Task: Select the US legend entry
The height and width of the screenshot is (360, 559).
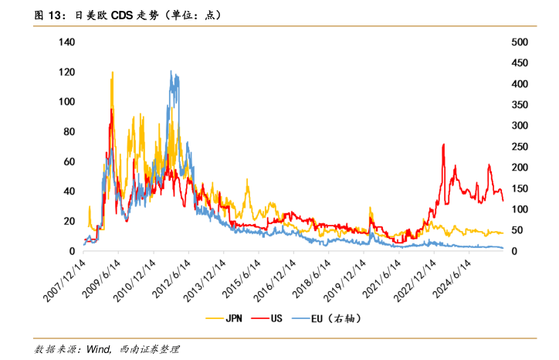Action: point(276,318)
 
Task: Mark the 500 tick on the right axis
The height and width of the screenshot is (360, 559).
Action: point(520,42)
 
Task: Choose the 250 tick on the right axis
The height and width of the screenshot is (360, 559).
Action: point(520,147)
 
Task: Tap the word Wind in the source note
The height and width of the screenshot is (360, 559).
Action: point(99,350)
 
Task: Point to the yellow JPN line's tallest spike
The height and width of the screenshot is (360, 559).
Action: point(113,73)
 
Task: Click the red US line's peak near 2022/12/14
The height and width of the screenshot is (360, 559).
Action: point(443,144)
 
